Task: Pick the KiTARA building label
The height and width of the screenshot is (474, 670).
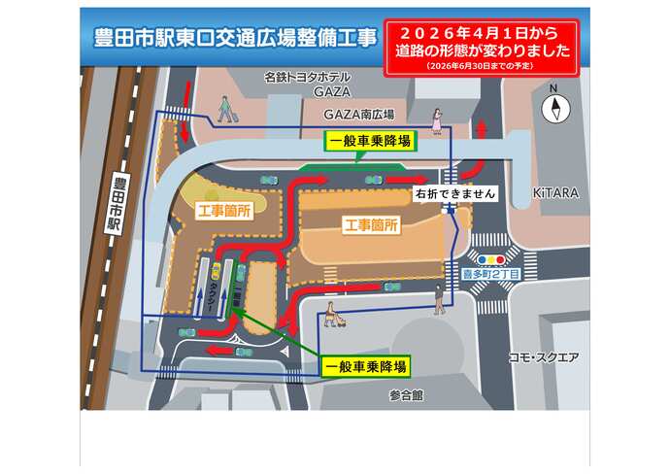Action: (x=555, y=193)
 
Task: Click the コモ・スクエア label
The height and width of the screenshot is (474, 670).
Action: (x=543, y=357)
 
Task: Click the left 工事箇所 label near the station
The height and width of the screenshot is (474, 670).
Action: (x=224, y=211)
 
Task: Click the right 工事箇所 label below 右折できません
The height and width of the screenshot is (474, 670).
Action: (x=372, y=224)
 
